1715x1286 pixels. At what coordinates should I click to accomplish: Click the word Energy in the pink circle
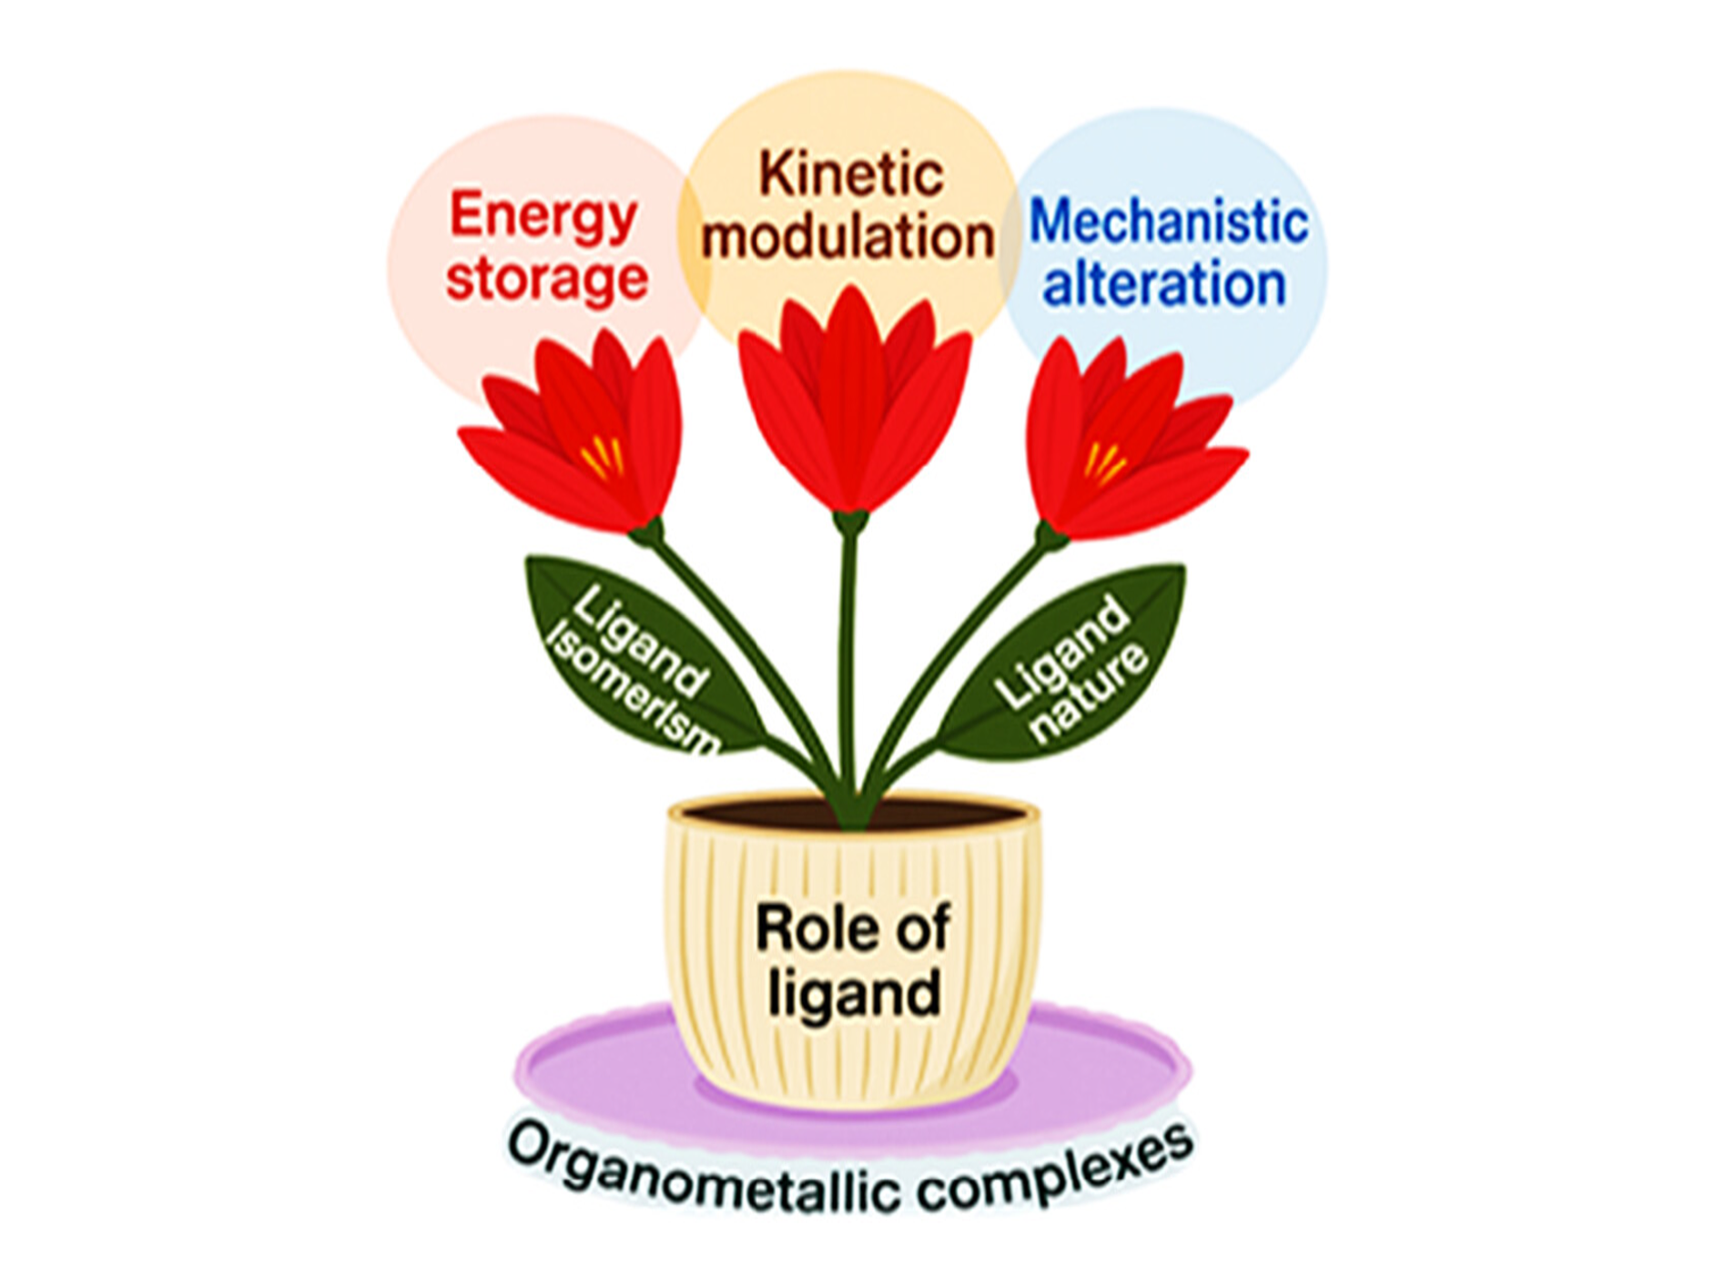pyautogui.click(x=543, y=217)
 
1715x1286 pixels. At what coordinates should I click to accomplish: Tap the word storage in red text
pyautogui.click(x=546, y=279)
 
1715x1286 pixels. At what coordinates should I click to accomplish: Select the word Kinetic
pyautogui.click(x=850, y=174)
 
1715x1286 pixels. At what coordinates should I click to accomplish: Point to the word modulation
pyautogui.click(x=847, y=237)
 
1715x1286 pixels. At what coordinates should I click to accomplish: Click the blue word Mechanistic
pyautogui.click(x=1168, y=222)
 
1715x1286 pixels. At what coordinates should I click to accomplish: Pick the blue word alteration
pyautogui.click(x=1164, y=285)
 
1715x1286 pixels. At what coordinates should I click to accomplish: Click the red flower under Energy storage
pyautogui.click(x=583, y=437)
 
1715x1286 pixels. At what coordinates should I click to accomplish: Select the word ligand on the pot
pyautogui.click(x=854, y=994)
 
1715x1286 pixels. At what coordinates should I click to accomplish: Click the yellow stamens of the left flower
pyautogui.click(x=604, y=456)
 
